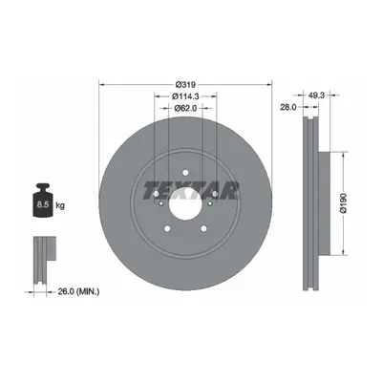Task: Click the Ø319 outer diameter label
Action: [x=185, y=85]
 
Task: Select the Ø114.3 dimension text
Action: [x=185, y=95]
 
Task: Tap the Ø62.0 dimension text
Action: [x=185, y=108]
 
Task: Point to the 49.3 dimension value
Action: [x=316, y=95]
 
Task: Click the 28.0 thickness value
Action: [x=288, y=107]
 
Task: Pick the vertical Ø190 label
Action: [x=344, y=202]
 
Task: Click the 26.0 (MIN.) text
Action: [x=78, y=291]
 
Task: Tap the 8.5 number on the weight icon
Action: [x=42, y=204]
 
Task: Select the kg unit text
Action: [x=60, y=205]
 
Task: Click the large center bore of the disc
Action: [x=185, y=203]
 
